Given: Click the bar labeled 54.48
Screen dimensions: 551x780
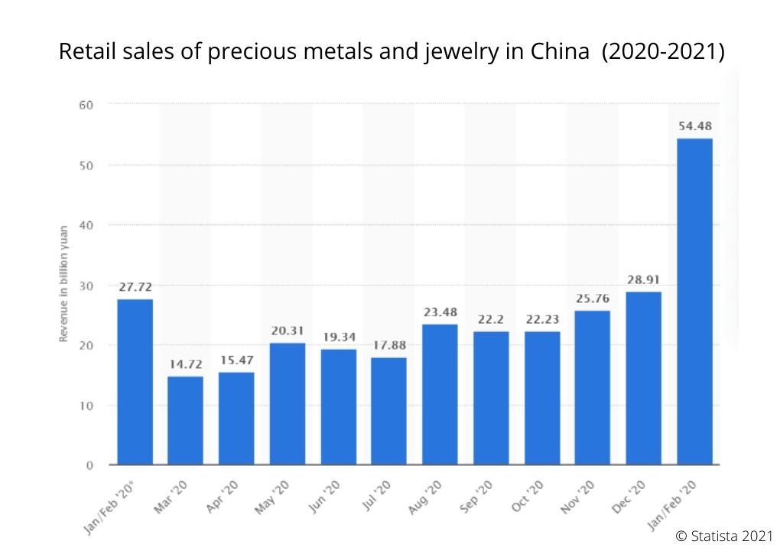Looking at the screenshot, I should [x=694, y=302].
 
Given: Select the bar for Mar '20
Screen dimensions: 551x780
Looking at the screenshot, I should [x=185, y=420].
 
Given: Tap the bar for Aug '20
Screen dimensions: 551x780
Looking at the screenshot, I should [x=440, y=394].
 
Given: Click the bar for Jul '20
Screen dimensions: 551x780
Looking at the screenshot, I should [x=388, y=411].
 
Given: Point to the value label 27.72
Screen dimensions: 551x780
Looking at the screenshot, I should [x=135, y=287].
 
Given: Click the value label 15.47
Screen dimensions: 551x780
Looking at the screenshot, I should [x=236, y=360].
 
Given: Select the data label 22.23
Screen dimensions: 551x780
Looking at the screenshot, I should [x=541, y=319].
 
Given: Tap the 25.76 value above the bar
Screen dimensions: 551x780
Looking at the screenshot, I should [x=593, y=298].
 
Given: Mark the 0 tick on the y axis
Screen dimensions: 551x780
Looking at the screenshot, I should [x=89, y=465].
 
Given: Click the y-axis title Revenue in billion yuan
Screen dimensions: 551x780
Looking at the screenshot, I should [x=65, y=284].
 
